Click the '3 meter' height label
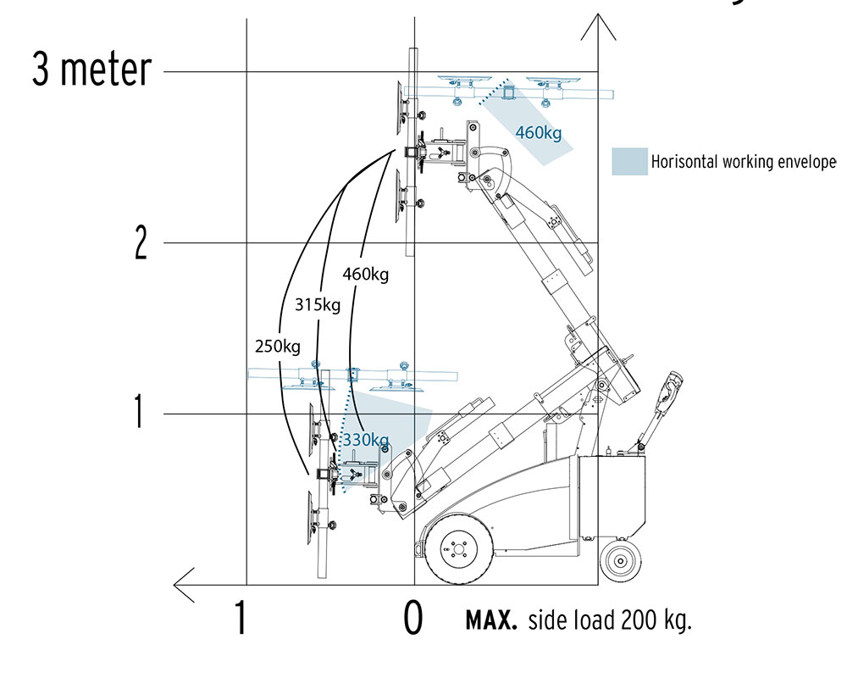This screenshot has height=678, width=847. pyautogui.click(x=91, y=69)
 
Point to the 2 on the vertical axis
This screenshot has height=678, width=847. pyautogui.click(x=141, y=242)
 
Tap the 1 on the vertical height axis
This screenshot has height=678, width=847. pyautogui.click(x=140, y=411)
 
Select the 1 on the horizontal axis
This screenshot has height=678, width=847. pyautogui.click(x=241, y=618)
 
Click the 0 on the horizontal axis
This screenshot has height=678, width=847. pyautogui.click(x=413, y=618)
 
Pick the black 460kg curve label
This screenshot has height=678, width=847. pyautogui.click(x=366, y=274)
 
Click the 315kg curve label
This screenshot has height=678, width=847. pyautogui.click(x=318, y=305)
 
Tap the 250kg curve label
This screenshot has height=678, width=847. pyautogui.click(x=278, y=346)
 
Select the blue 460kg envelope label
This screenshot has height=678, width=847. pyautogui.click(x=538, y=132)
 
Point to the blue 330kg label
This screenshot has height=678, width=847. pyautogui.click(x=366, y=440)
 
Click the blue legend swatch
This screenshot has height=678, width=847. pyautogui.click(x=629, y=161)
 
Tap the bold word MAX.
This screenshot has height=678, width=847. pyautogui.click(x=491, y=620)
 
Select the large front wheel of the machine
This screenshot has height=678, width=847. pyautogui.click(x=458, y=549)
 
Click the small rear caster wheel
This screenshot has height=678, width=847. pyautogui.click(x=620, y=561)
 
